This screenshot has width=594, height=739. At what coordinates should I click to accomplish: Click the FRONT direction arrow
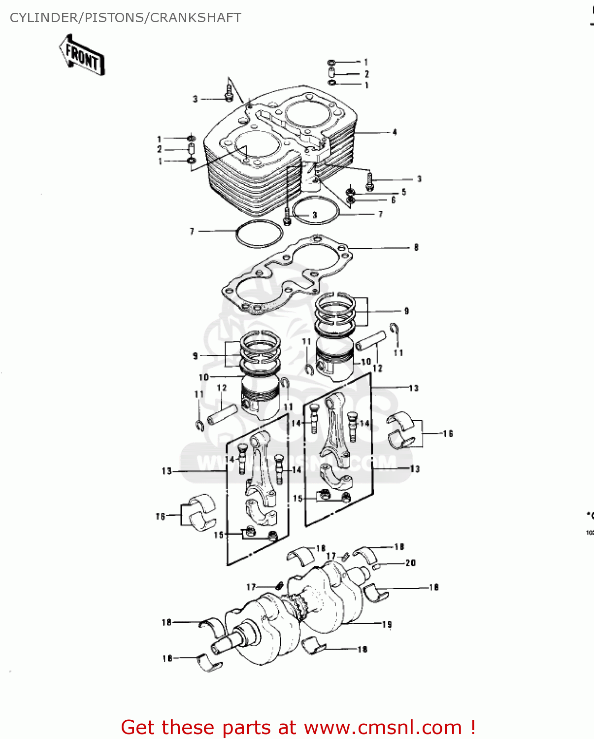coord(82,55)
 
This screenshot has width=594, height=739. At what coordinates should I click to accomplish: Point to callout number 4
coord(395,132)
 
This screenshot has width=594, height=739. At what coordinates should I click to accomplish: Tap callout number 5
coord(404,192)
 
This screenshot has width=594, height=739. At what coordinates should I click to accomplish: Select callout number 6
coord(393,200)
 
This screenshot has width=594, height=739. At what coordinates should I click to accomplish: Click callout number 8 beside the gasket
coord(416,247)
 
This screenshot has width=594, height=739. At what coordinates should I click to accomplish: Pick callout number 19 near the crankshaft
coord(387,624)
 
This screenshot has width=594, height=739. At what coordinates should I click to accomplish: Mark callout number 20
coord(410,563)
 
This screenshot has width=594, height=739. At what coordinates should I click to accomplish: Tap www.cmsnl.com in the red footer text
coord(383,728)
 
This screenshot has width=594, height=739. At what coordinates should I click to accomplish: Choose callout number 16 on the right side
coord(447,434)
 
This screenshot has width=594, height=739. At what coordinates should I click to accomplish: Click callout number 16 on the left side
coord(161,516)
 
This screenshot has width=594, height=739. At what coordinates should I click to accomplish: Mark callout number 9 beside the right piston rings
coord(406,311)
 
